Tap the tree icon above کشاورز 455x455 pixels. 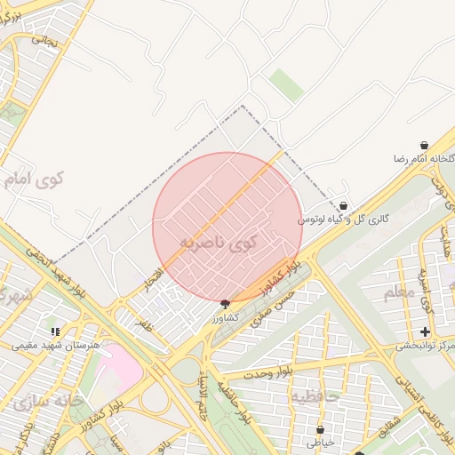click(x=224, y=303)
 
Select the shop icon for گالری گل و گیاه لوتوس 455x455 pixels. click(x=343, y=206)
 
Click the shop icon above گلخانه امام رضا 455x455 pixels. click(x=424, y=145)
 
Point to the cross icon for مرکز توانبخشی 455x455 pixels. click(x=425, y=331)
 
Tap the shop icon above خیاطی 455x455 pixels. click(x=320, y=429)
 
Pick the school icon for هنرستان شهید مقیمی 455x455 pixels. click(x=56, y=331)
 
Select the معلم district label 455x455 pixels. click(x=399, y=291)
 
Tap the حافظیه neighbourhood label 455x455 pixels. click(x=315, y=397)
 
